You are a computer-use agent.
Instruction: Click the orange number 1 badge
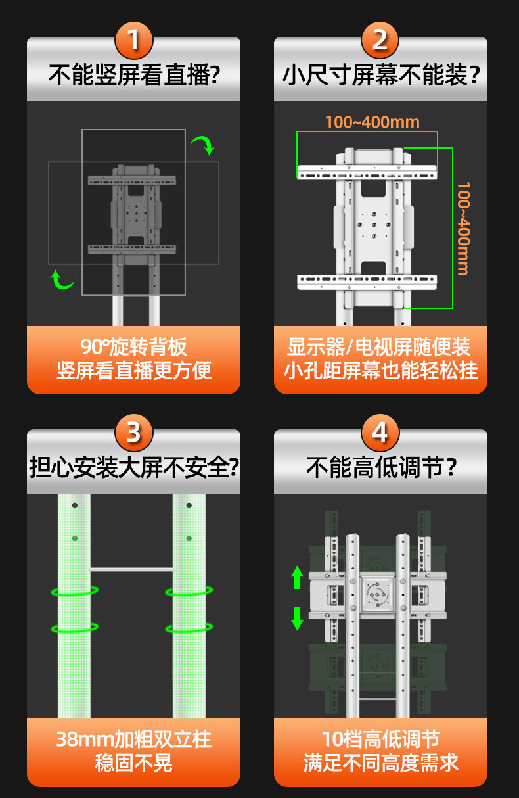click(x=134, y=40)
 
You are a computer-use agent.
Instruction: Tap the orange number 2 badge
click(x=380, y=40)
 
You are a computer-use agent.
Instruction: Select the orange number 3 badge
click(x=134, y=433)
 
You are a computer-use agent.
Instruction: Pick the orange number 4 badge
click(x=380, y=433)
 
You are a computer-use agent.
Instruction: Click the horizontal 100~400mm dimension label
click(x=372, y=122)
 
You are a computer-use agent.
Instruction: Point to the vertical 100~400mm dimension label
click(x=463, y=229)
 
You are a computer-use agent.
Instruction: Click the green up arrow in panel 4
click(x=297, y=577)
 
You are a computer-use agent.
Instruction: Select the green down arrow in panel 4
click(x=297, y=619)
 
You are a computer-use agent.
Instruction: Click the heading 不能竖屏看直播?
click(x=134, y=75)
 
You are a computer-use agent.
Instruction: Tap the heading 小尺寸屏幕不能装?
click(x=381, y=75)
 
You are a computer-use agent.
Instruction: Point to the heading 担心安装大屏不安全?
click(x=134, y=467)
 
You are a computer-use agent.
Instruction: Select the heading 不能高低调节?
click(x=381, y=467)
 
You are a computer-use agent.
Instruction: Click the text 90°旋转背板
click(x=133, y=346)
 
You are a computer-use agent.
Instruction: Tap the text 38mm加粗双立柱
click(x=134, y=739)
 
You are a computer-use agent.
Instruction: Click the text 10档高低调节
click(x=381, y=739)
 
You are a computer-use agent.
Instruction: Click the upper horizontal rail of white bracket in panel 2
click(x=367, y=172)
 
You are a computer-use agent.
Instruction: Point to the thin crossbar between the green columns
click(x=131, y=570)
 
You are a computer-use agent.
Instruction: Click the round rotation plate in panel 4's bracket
click(x=377, y=594)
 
